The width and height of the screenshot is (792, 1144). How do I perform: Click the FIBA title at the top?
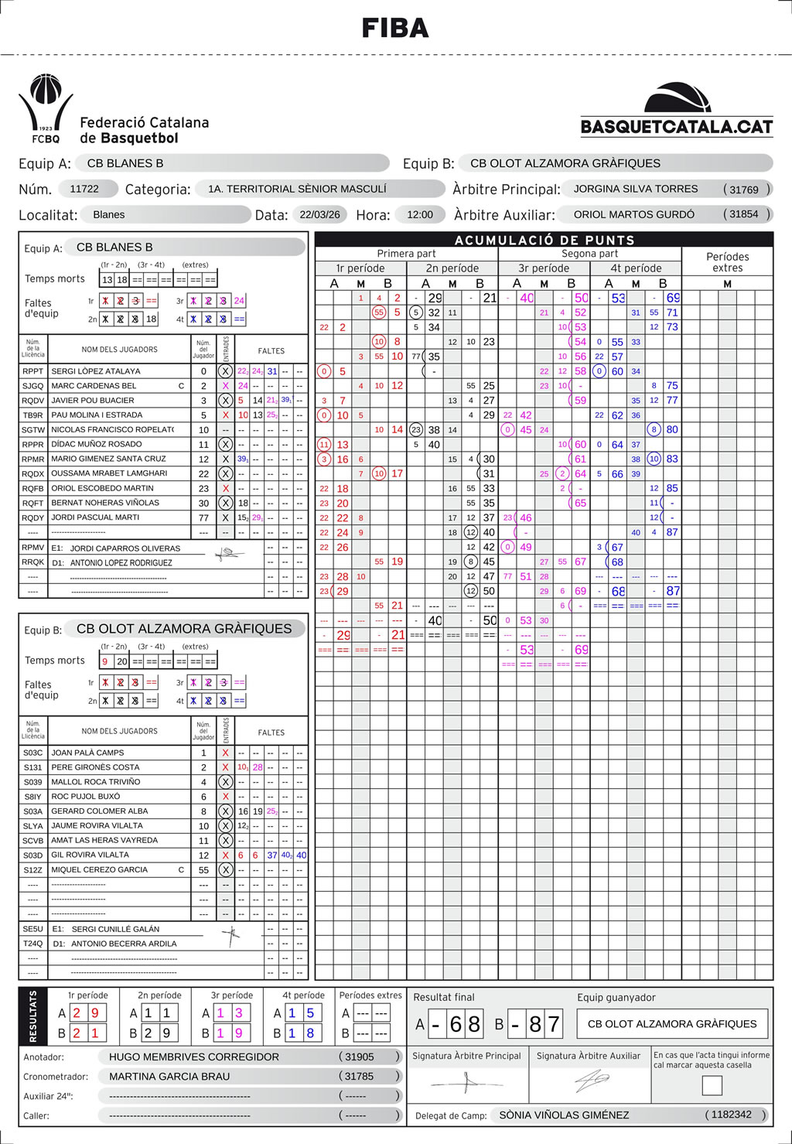point(395,29)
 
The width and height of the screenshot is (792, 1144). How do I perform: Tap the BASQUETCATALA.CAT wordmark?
point(677,126)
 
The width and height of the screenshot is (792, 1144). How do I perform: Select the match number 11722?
point(84,189)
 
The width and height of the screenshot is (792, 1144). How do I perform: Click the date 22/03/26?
point(321,214)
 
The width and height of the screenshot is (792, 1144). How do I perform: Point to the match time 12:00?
point(420,214)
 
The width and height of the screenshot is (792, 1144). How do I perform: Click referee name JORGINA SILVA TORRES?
point(635,189)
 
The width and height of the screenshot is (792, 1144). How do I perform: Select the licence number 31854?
point(744,214)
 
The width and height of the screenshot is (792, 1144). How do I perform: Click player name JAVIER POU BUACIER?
point(93,401)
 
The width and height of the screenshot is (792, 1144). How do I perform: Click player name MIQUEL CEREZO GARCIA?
point(99,869)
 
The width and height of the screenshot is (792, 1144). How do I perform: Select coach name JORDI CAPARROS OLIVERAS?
point(125,548)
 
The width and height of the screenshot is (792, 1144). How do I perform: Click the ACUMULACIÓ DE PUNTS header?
point(544,240)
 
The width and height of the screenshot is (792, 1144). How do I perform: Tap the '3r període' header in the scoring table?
point(544,268)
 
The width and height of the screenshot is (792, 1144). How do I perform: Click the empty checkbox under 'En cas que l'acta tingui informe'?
point(712,1085)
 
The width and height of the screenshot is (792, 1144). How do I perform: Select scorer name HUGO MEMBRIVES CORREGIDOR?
point(194,1057)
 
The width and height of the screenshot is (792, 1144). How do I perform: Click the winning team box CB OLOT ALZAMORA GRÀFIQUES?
point(672,1023)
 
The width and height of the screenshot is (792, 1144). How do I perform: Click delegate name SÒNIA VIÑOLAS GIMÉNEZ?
point(564,1115)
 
